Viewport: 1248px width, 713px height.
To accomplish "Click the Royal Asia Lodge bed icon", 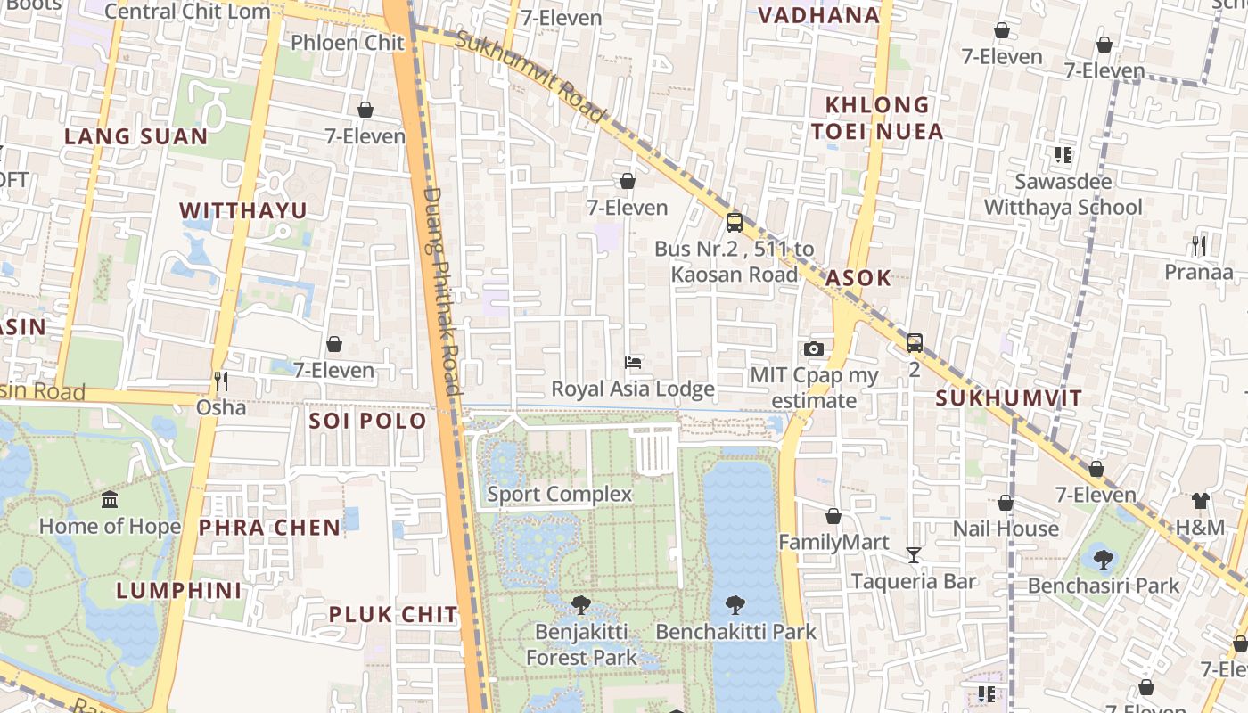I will (633, 362).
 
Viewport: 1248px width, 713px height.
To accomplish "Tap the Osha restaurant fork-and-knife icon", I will (220, 381).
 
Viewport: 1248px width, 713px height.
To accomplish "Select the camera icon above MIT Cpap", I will (813, 348).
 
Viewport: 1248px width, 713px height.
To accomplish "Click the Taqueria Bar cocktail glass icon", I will (914, 555).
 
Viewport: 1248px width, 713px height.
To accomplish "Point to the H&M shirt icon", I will (1200, 501).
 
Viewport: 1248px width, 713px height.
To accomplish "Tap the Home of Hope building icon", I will (110, 499).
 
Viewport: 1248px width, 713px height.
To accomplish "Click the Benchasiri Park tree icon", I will (1103, 560).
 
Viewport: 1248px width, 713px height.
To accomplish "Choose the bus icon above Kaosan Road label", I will (734, 222).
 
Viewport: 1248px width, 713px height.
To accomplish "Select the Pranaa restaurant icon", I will (1199, 245).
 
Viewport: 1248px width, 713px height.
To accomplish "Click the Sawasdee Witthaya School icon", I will (1063, 155).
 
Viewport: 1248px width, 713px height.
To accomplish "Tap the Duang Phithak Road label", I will (442, 290).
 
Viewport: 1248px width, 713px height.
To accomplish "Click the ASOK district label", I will (858, 277).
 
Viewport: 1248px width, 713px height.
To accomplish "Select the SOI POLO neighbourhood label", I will (367, 421).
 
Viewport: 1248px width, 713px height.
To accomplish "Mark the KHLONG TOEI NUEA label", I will (877, 119).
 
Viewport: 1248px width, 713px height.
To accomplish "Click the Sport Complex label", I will (559, 494).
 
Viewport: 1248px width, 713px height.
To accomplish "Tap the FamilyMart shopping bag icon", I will (833, 516).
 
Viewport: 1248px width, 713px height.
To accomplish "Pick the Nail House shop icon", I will (1006, 503).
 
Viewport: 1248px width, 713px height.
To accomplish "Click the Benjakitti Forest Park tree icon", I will (581, 605).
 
